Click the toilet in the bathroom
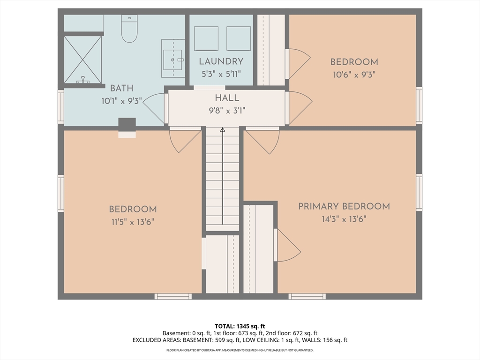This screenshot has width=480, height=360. click(x=129, y=29)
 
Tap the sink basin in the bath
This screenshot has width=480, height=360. click(x=172, y=60)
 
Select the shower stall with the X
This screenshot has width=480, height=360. click(x=82, y=60)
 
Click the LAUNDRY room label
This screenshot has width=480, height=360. click(x=221, y=61)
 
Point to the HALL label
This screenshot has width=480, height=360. click(x=227, y=98)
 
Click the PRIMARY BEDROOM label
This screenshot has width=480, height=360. click(x=344, y=206)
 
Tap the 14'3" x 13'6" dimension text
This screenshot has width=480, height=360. click(x=344, y=219)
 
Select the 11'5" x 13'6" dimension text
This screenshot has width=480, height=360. click(x=133, y=222)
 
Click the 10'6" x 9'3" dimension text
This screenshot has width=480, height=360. click(x=354, y=75)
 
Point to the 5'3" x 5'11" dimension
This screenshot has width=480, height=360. click(x=221, y=74)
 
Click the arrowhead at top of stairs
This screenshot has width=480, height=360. click(x=223, y=130)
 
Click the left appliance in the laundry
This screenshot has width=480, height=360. click(x=206, y=38)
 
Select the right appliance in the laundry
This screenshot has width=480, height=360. click(x=239, y=38)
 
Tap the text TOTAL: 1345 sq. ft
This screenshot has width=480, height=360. click(x=240, y=326)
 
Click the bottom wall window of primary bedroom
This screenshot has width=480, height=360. click(x=307, y=296)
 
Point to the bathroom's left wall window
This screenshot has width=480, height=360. click(x=61, y=107)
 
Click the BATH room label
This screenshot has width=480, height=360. click(x=121, y=89)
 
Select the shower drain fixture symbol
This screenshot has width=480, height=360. click(x=82, y=80)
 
